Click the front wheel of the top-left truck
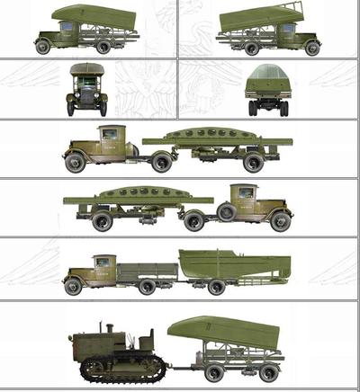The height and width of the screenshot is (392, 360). [43, 47]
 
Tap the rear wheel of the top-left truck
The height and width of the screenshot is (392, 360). [103, 46]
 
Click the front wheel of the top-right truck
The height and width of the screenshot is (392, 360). [312, 48]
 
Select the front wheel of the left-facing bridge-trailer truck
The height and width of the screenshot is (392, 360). [75, 162]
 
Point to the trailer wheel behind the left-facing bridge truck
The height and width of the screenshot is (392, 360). [254, 162]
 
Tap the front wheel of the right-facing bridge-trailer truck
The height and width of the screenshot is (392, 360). [280, 220]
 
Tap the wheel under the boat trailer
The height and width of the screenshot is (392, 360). [216, 286]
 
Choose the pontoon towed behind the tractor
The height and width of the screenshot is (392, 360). [220, 330]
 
